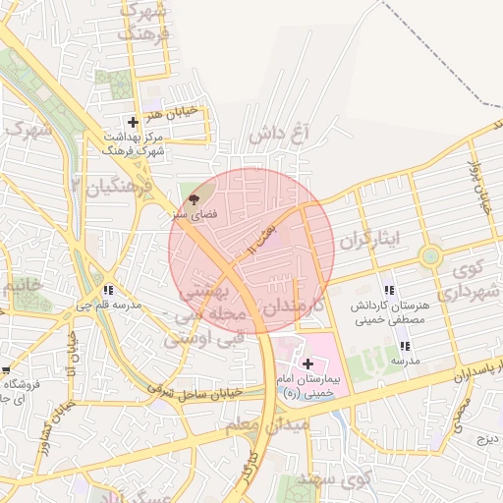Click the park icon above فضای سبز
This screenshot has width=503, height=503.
click(x=192, y=197)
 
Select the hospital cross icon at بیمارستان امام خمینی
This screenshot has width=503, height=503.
click(x=307, y=363)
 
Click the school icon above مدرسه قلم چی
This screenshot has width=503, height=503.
click(x=107, y=291)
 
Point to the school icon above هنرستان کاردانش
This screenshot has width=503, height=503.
click(x=390, y=291)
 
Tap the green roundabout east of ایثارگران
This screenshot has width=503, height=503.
click(x=429, y=257)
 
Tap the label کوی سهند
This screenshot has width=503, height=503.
click(x=348, y=480)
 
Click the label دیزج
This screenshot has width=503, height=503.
click(x=487, y=438)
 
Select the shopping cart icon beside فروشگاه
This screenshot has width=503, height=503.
click(x=5, y=371)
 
